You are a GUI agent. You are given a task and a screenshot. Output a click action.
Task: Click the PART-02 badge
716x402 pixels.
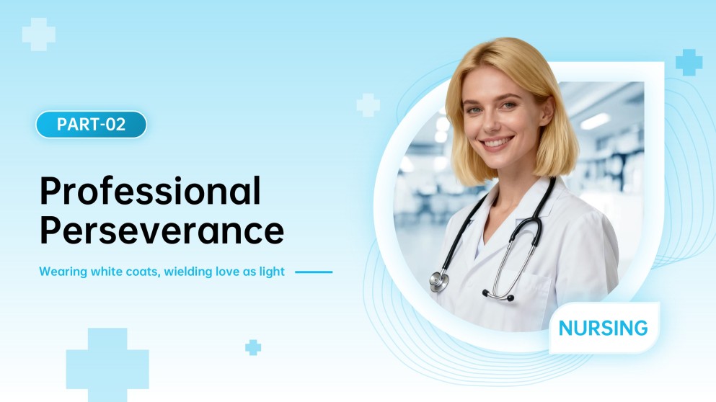[91, 124]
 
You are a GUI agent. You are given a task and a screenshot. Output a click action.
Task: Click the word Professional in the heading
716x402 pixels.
[150, 192]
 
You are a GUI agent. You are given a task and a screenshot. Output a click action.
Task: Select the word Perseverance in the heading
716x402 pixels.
[162, 231]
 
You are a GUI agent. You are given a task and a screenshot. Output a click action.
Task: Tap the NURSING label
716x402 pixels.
[603, 329]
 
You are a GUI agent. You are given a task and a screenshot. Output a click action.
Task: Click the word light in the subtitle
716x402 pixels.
[274, 272]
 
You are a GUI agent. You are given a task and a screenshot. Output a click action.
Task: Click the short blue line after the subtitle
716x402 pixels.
[314, 272]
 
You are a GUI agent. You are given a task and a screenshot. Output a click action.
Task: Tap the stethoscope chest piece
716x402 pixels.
[438, 280]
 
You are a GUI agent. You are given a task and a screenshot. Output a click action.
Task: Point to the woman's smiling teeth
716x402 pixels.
[498, 143]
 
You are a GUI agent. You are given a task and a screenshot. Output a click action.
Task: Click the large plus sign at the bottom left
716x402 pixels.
[107, 365]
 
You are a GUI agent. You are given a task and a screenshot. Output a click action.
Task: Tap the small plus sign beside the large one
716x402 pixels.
[252, 347]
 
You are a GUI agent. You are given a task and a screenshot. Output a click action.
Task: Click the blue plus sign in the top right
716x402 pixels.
[689, 63]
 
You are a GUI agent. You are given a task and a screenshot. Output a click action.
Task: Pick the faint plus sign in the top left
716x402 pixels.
[38, 35]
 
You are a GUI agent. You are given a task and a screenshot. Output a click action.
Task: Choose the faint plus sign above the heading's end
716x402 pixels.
[368, 104]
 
